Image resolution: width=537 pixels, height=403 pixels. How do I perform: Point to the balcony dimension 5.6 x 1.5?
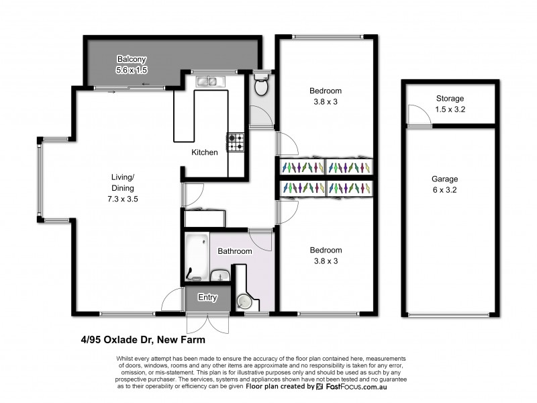tap(132, 69)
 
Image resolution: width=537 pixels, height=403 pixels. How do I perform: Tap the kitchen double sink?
tap(207, 82)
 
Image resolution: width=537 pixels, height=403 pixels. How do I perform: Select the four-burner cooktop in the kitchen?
tap(236, 141)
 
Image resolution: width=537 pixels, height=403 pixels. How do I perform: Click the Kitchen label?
tap(205, 152)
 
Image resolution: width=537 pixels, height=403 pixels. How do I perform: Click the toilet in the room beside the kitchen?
tap(261, 85)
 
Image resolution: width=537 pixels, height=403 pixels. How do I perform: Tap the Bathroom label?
tap(234, 251)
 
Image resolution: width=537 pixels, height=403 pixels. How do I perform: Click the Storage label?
tap(450, 99)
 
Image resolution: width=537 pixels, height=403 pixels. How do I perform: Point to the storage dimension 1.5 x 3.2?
tap(450, 109)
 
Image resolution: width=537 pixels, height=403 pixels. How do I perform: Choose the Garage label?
tap(445, 179)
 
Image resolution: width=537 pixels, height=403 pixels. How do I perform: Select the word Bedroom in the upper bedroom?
tap(326, 91)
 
